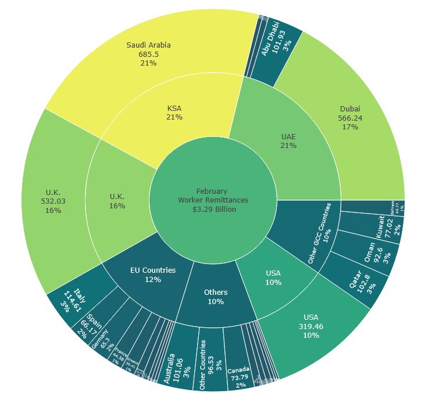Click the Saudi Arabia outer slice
(148, 54)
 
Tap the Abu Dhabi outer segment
(282, 46)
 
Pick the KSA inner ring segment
(174, 113)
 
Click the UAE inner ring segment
(289, 140)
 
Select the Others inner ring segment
(216, 297)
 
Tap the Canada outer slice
(238, 374)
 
